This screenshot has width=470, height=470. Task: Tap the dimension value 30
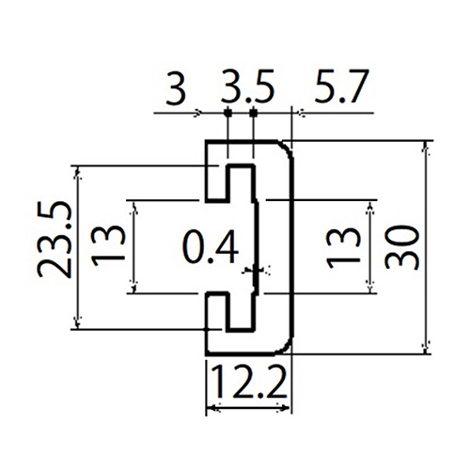coord(401,247)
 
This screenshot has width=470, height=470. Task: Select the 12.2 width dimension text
coord(250,382)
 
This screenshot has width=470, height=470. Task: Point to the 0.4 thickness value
coord(211,247)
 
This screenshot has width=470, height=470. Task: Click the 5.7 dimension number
coord(341,86)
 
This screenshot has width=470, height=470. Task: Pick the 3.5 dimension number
coord(247,86)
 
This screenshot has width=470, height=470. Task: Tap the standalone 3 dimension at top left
coord(176,87)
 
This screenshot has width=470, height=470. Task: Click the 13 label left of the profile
coord(108,246)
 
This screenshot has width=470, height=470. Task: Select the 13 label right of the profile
coord(343,248)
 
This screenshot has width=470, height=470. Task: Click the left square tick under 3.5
coord(227,112)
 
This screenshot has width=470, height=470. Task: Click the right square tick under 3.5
coord(254,112)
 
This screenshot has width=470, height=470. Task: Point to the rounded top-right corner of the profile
coord(288,149)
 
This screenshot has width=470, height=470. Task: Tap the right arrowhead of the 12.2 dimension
coord(285,408)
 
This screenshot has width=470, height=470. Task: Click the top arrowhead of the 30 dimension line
coord(426,148)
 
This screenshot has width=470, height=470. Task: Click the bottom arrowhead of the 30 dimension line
coord(426,348)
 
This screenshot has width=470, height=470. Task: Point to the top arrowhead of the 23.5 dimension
coord(78,172)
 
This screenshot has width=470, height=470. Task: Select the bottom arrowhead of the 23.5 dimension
coord(78,322)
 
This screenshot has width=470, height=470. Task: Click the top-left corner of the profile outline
coord(206,141)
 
